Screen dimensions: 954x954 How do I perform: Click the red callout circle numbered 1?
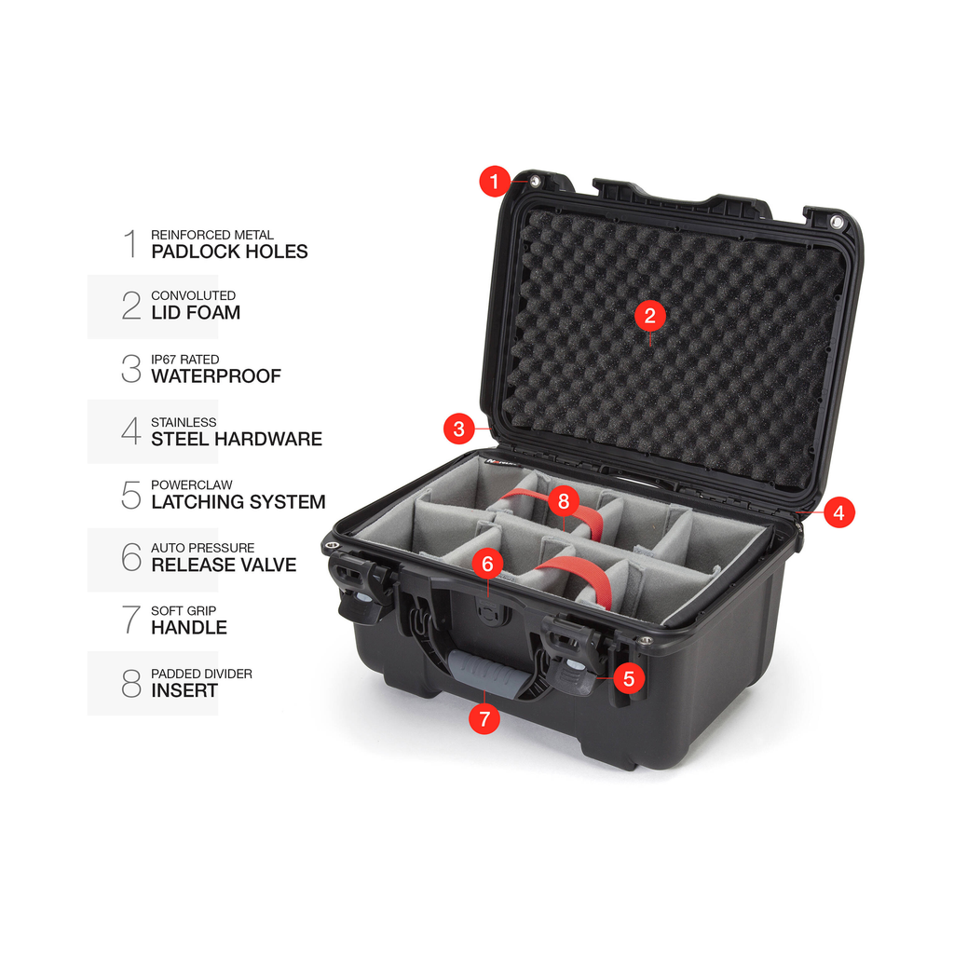click(x=494, y=182)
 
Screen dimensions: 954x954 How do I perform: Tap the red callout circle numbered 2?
click(x=649, y=316)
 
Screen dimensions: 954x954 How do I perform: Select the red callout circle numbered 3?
click(x=459, y=429)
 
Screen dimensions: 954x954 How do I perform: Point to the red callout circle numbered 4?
click(x=839, y=513)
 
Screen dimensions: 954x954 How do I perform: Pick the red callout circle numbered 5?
click(x=629, y=678)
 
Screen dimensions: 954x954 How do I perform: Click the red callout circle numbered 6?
click(x=487, y=564)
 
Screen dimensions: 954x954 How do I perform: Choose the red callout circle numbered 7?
click(x=484, y=718)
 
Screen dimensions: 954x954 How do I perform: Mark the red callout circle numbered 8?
click(x=564, y=500)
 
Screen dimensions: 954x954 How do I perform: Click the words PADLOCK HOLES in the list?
click(x=229, y=252)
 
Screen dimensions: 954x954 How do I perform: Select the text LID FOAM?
click(x=196, y=313)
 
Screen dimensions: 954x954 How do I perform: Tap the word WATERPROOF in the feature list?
click(x=216, y=376)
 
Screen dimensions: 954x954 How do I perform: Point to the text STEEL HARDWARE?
click(x=237, y=440)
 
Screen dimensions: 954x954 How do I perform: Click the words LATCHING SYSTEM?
click(x=238, y=502)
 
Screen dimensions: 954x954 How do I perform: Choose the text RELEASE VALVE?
click(x=224, y=566)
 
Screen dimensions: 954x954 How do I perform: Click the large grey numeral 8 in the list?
click(x=130, y=683)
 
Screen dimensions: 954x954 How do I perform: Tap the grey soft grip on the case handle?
click(x=484, y=673)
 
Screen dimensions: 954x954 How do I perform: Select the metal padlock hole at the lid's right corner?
click(x=837, y=222)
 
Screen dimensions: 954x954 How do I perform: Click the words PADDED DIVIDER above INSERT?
click(x=201, y=675)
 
